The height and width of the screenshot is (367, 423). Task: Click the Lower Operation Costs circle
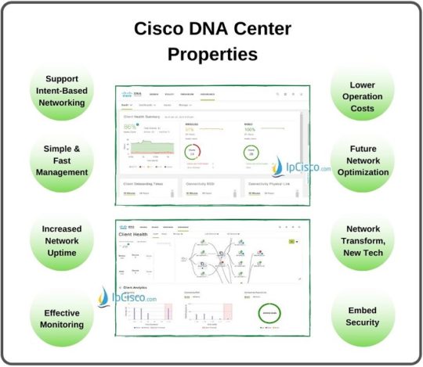[x=360, y=92]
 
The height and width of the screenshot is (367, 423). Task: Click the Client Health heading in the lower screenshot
[x=134, y=235]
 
